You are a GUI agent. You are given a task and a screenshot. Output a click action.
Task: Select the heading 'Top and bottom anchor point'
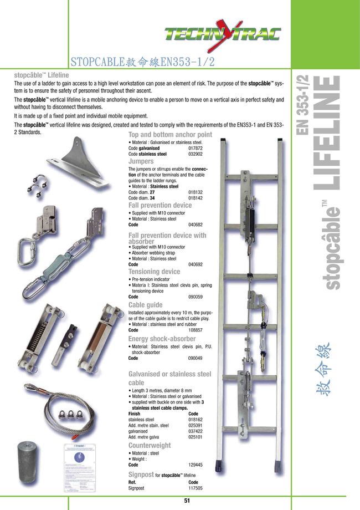pyautogui.click(x=170, y=135)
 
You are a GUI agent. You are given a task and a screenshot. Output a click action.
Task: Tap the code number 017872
pyautogui.click(x=196, y=149)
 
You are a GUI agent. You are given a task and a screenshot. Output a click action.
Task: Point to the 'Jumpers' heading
pyautogui.click(x=141, y=161)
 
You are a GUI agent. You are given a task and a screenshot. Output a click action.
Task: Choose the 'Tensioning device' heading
pyautogui.click(x=154, y=272)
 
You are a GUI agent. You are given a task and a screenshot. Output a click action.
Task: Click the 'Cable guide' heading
pyautogui.click(x=145, y=305)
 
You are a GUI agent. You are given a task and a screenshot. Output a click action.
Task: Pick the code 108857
pyautogui.click(x=196, y=330)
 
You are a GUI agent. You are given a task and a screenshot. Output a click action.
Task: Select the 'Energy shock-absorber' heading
pyautogui.click(x=162, y=339)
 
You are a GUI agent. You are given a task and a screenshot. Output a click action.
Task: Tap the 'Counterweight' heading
pyautogui.click(x=150, y=445)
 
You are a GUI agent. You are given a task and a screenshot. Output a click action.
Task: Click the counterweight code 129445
pyautogui.click(x=196, y=465)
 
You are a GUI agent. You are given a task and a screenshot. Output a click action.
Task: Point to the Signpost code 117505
pyautogui.click(x=196, y=488)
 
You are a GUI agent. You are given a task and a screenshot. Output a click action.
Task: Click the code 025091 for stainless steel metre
pyautogui.click(x=196, y=426)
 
